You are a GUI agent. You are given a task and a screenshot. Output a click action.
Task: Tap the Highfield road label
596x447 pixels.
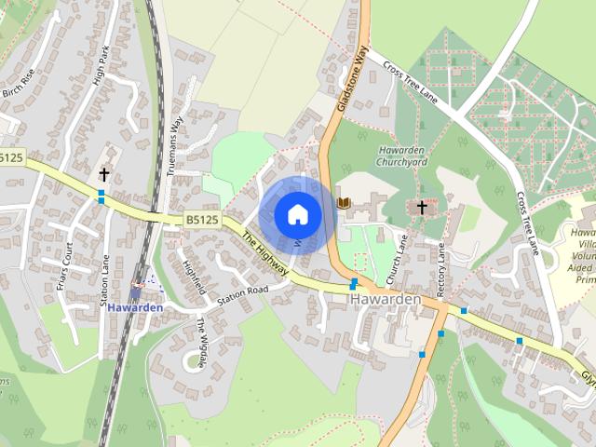(x=193, y=277)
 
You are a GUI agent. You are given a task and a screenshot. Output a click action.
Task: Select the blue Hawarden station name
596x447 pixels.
(x=135, y=307)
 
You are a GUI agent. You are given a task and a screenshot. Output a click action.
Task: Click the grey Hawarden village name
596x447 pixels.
(x=386, y=302)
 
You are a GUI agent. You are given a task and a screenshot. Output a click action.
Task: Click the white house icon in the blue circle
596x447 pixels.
(x=297, y=214)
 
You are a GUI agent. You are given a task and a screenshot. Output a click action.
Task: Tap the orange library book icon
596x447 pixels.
(x=344, y=202)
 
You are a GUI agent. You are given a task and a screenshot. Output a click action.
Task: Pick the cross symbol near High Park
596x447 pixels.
(x=104, y=174)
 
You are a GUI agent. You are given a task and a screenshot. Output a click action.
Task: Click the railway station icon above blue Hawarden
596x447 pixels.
(x=140, y=284)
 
